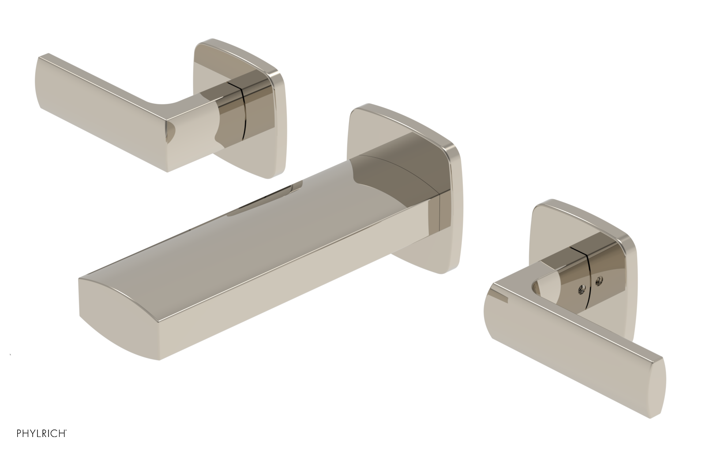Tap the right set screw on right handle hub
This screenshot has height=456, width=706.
tap(599, 279)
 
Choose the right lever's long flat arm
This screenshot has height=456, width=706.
tap(574, 340)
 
